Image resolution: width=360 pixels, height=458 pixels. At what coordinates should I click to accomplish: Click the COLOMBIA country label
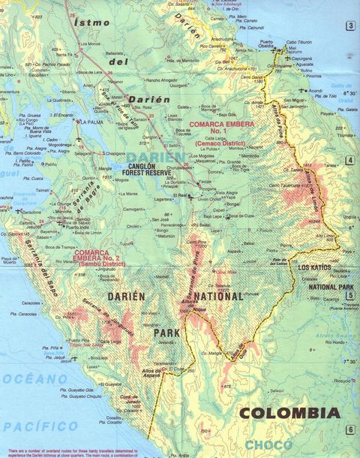click(x=289, y=413)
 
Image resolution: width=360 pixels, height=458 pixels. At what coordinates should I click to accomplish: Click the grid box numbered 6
click(x=349, y=429)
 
